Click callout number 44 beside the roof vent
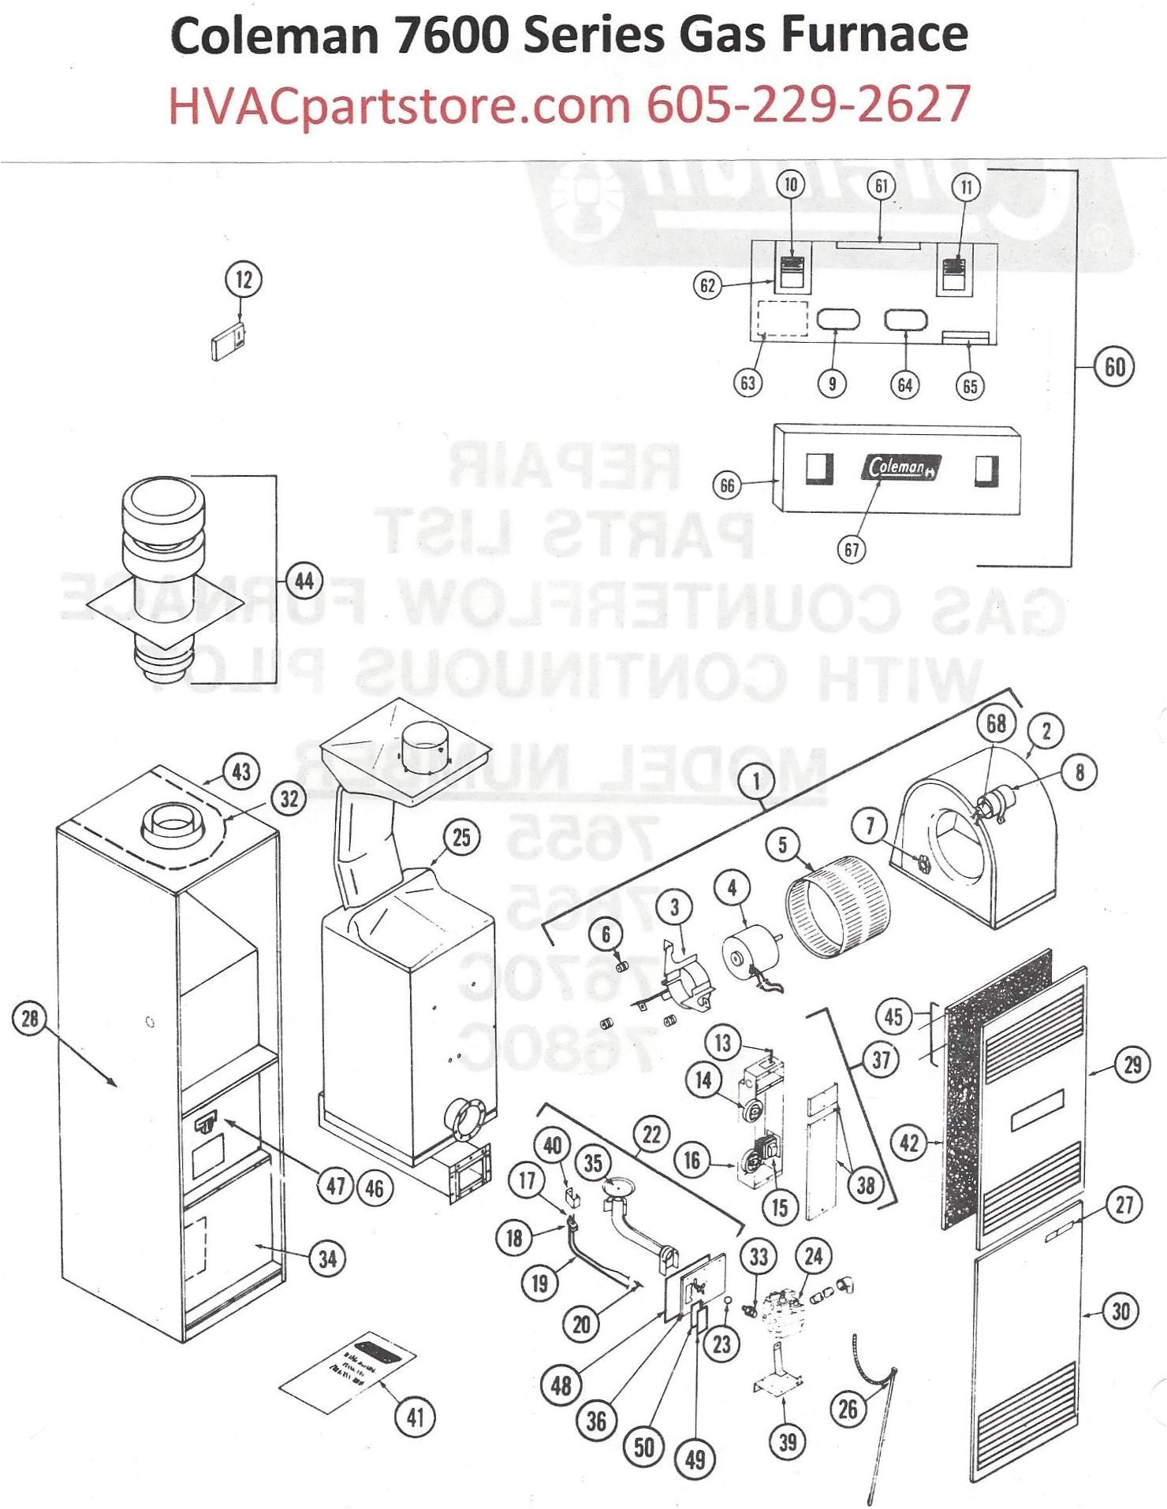click(x=304, y=582)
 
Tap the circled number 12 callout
click(x=244, y=280)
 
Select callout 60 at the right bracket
click(x=1114, y=367)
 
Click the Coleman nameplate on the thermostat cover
click(x=899, y=467)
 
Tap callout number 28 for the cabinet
click(x=29, y=1019)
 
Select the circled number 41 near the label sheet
click(x=415, y=1417)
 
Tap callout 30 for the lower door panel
click(x=1120, y=1311)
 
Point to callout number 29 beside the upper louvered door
click(x=1132, y=1065)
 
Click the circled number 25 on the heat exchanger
click(x=461, y=837)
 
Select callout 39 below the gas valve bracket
click(x=788, y=1441)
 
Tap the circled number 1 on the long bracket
click(x=756, y=782)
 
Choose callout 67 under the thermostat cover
click(x=852, y=549)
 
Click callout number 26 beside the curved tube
click(x=848, y=1408)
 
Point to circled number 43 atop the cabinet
click(x=241, y=771)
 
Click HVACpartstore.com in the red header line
click(x=400, y=104)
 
